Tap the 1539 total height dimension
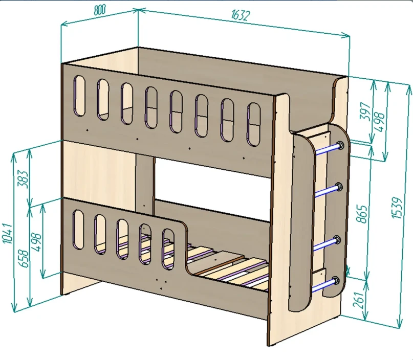[x=401, y=205]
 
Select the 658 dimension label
[x=23, y=255]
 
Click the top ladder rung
[x=327, y=148]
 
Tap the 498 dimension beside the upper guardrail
[x=379, y=121]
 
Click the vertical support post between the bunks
[x=145, y=183]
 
